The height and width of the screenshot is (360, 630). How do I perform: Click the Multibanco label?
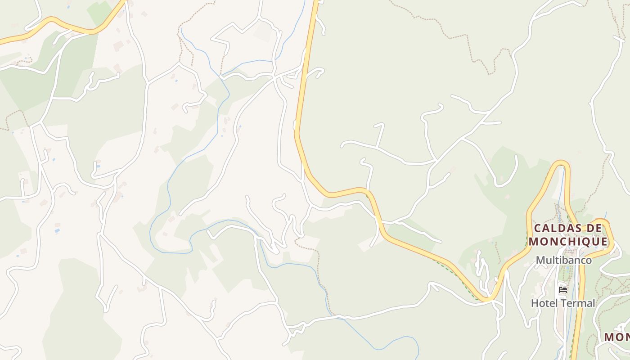[x=563, y=260]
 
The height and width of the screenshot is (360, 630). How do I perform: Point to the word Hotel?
[x=543, y=303]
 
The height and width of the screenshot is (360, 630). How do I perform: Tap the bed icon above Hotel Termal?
[x=562, y=289]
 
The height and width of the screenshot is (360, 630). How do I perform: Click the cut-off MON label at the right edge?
[x=617, y=337]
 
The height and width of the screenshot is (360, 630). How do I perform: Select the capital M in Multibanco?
[x=540, y=260]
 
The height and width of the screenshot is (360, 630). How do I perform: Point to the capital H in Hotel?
[x=535, y=303]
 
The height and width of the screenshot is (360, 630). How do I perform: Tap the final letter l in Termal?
[x=594, y=303]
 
